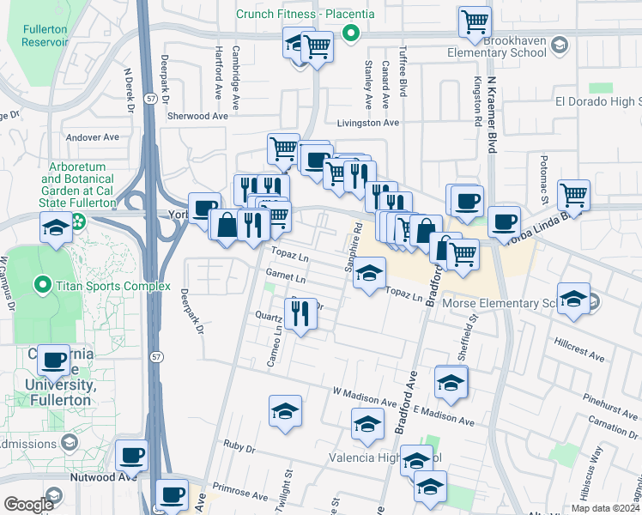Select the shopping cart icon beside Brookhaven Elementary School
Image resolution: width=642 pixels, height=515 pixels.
[474, 22]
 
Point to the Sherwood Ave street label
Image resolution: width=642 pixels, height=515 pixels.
[197, 116]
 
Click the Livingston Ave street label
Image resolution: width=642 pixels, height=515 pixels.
[367, 123]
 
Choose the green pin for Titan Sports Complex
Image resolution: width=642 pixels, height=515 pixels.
[41, 283]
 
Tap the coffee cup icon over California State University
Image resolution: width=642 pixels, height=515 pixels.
[54, 360]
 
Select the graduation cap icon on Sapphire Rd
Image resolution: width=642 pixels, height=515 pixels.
[369, 274]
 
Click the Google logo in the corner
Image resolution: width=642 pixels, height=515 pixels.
[27, 504]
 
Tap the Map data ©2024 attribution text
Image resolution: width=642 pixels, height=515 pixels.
[604, 508]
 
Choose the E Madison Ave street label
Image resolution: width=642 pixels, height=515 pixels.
[443, 416]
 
